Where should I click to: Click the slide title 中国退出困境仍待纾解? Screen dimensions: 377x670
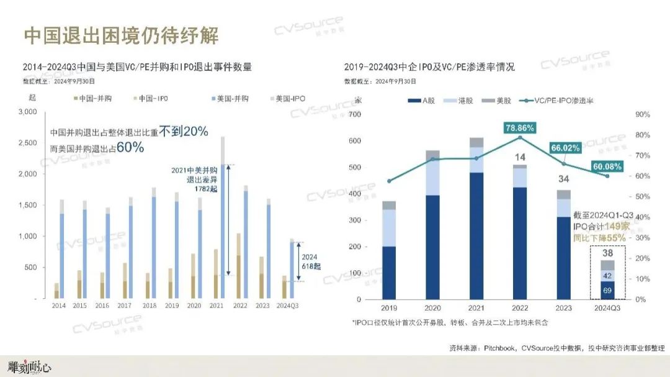click(x=122, y=35)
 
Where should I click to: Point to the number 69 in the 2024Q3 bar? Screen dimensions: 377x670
click(x=607, y=290)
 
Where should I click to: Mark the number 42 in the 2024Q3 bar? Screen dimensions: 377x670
click(x=607, y=276)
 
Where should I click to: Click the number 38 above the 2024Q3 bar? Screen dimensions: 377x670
click(x=607, y=253)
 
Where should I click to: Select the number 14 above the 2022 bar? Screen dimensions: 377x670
click(x=520, y=157)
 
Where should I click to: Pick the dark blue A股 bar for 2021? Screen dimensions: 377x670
click(x=476, y=236)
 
